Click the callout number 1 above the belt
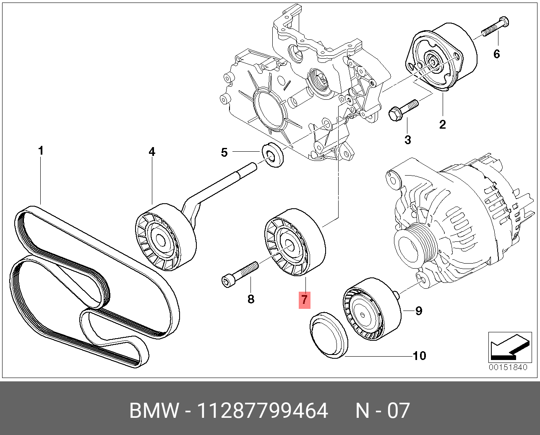coord(41,150)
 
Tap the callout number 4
coord(152,152)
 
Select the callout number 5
coord(224,153)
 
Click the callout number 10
coord(419,356)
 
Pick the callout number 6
coord(497,54)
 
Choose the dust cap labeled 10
coord(329,335)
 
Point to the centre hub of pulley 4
coord(160,240)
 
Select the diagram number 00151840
coord(507,368)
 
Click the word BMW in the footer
coord(154,411)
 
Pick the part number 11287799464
coord(262,411)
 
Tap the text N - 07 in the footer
coord(382,411)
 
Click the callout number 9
coord(418,311)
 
